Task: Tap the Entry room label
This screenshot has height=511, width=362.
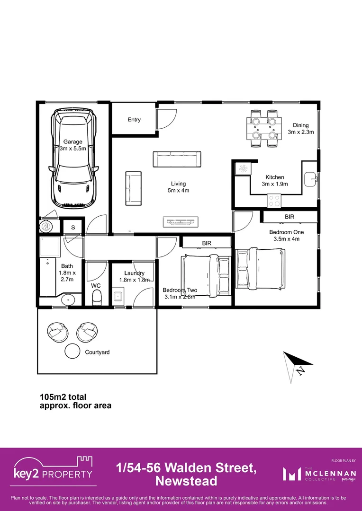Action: click(134, 120)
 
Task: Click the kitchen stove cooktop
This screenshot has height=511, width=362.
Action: click(274, 201)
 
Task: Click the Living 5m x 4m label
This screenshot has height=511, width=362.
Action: click(179, 187)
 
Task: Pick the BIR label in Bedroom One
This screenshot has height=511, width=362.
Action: click(290, 216)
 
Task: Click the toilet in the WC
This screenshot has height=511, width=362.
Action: click(97, 298)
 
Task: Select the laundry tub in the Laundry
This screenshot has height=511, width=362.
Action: click(118, 297)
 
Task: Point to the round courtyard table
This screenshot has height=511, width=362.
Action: click(72, 351)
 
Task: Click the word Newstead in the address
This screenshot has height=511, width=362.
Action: click(186, 481)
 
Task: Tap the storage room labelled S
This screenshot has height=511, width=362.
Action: click(73, 228)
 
